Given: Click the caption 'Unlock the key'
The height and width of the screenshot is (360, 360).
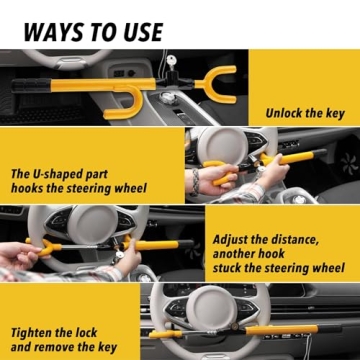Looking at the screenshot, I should pyautogui.click(x=304, y=113).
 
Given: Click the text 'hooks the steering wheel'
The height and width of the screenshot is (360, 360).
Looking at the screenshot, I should pyautogui.click(x=79, y=188).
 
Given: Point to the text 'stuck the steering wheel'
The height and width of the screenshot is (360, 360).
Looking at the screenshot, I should pyautogui.click(x=279, y=268).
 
